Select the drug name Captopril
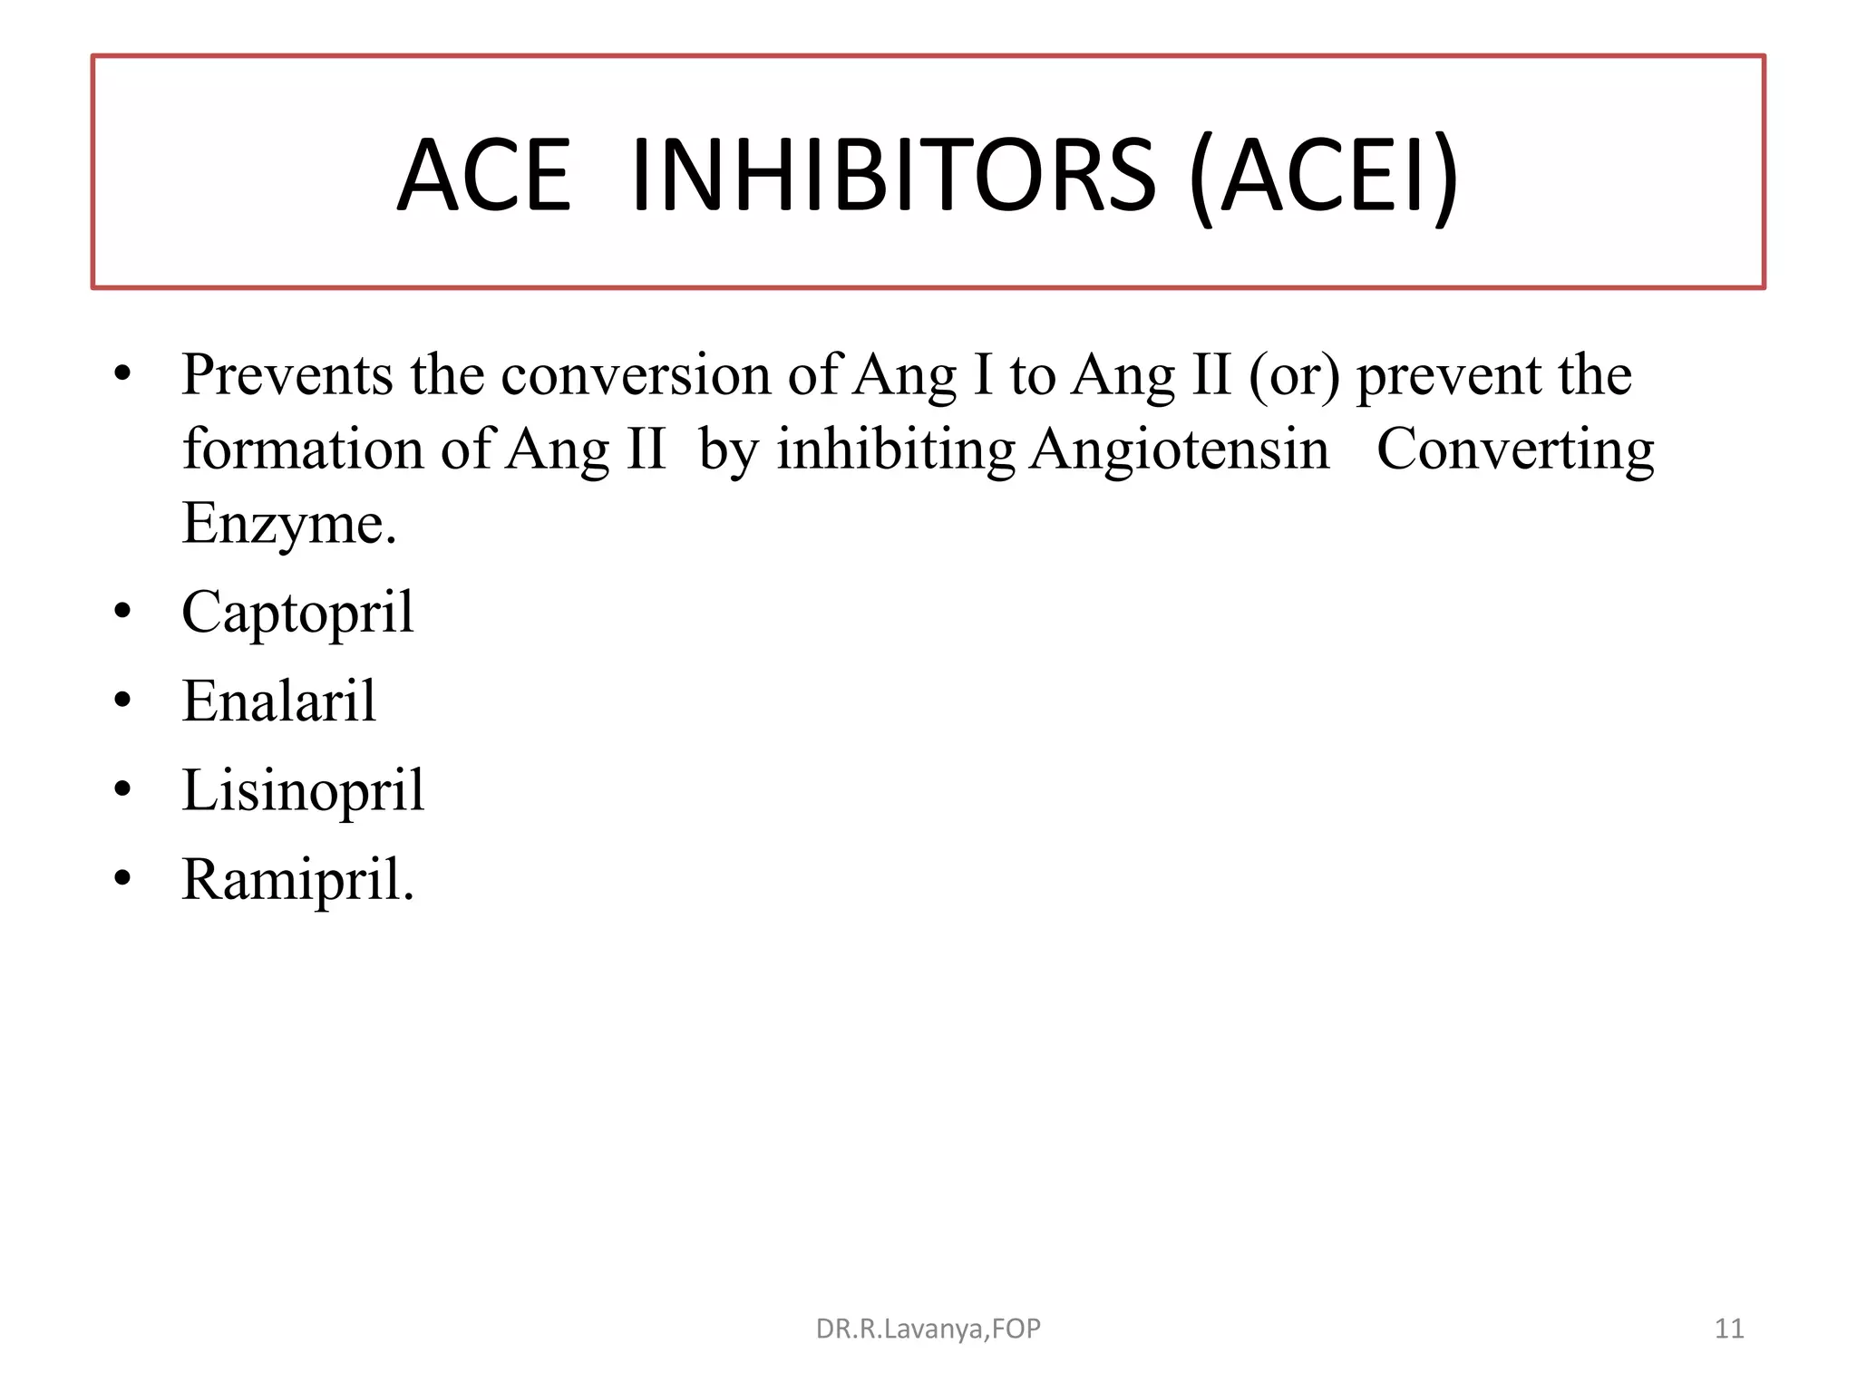297,614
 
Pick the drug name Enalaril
278,701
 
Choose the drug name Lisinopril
303,790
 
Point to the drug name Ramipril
297,880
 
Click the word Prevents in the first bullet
287,374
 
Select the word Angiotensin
1180,449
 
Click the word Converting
1515,449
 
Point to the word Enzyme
289,524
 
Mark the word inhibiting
896,449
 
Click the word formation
303,449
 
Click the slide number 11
1729,1329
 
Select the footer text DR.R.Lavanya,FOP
928,1329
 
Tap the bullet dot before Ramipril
123,878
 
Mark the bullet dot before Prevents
123,372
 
